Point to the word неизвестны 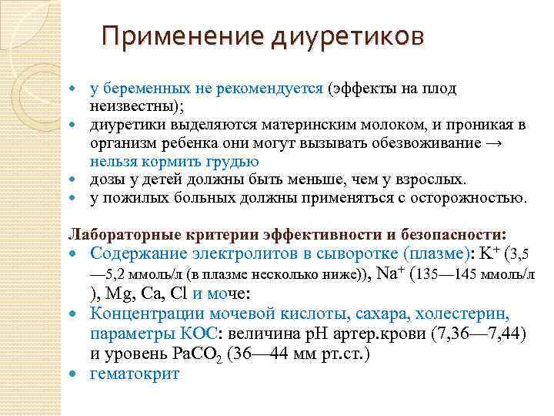[126, 106]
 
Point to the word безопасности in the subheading [457, 234]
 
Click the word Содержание [138, 253]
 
